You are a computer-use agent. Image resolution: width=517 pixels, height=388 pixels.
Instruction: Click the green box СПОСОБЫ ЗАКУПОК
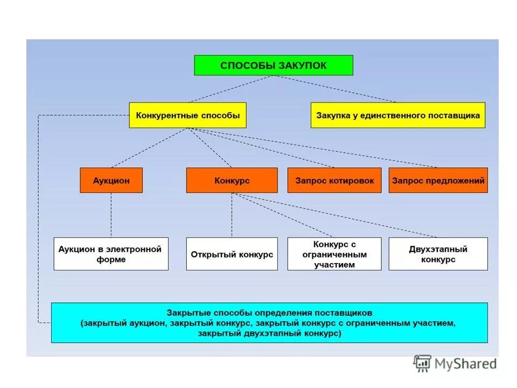pos(273,65)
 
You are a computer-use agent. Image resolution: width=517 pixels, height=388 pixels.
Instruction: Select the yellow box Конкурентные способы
pos(187,115)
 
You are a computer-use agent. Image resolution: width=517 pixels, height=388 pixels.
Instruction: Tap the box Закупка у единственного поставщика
pos(397,115)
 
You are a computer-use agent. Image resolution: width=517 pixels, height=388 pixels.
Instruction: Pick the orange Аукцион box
pos(111,181)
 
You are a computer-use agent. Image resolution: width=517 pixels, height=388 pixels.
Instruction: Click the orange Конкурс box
pos(232,181)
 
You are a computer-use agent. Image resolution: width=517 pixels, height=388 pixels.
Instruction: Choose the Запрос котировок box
pos(334,181)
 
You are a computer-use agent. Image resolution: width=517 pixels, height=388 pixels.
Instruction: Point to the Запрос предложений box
pos(438,181)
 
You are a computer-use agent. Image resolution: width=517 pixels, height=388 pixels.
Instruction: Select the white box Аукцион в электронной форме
pos(111,254)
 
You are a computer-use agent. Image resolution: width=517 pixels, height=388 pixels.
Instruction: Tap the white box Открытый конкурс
pos(232,254)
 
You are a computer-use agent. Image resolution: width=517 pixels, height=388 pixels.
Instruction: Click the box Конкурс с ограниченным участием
pos(334,254)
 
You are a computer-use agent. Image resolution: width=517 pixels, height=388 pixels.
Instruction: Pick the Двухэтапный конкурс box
pos(438,254)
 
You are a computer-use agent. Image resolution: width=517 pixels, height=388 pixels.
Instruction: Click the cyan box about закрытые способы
pos(269,323)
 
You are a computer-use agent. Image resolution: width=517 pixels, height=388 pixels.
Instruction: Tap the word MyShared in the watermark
pos(466,364)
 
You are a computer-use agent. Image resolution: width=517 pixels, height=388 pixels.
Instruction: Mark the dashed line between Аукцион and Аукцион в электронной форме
pos(111,214)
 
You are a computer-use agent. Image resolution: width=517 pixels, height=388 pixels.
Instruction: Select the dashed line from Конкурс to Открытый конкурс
pos(232,214)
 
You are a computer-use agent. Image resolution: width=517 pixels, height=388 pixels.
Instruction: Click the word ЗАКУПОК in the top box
pos(303,66)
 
